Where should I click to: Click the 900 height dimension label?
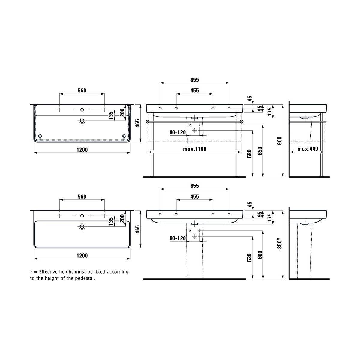pos(280,141)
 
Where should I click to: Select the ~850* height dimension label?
pos(280,245)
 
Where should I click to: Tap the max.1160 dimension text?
pos(195,149)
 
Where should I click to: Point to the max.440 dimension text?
pos(308,149)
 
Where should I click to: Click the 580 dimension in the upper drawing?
pos(250,154)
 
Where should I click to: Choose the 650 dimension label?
pos(260,151)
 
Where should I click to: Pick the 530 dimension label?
pos(250,258)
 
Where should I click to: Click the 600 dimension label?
pos(260,255)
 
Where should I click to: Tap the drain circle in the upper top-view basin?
pos(82,121)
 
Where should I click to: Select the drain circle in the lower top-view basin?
pos(82,226)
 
